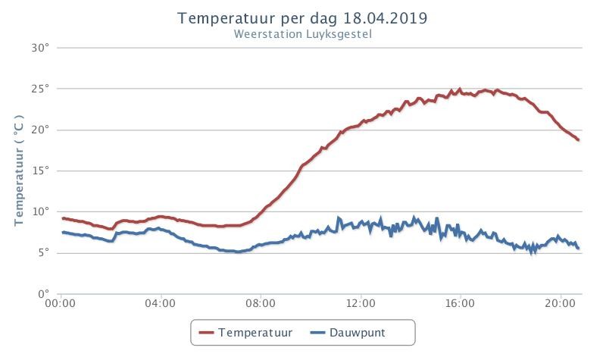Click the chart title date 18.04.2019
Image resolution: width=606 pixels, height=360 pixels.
pos(385,18)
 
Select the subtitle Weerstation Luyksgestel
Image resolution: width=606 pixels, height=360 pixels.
pos(302,34)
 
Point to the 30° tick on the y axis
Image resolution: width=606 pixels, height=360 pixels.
pos(40,48)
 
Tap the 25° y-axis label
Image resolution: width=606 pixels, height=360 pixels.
pos(40,89)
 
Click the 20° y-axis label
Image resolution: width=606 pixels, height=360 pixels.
pos(40,130)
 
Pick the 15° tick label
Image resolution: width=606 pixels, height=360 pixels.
pos(40,171)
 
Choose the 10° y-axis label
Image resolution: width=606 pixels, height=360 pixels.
pos(40,211)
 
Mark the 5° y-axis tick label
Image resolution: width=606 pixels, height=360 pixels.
pos(43,252)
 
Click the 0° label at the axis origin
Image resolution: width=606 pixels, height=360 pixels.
pos(43,293)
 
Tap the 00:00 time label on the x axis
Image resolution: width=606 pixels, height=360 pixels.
pos(61,304)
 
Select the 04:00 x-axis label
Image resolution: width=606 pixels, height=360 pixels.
pos(161,304)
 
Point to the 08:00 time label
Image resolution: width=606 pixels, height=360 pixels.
pos(261,304)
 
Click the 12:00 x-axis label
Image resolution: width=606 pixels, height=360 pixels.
pos(361,304)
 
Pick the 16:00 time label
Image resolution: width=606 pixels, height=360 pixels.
pos(460,304)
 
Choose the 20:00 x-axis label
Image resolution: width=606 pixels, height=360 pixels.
pos(560,304)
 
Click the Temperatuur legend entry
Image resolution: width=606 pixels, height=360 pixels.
pos(245,333)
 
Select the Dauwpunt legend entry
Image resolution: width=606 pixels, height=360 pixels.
pos(348,333)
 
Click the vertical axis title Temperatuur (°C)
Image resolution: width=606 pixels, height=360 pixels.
pos(20,171)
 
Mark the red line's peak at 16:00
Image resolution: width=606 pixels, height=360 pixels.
pos(460,89)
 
